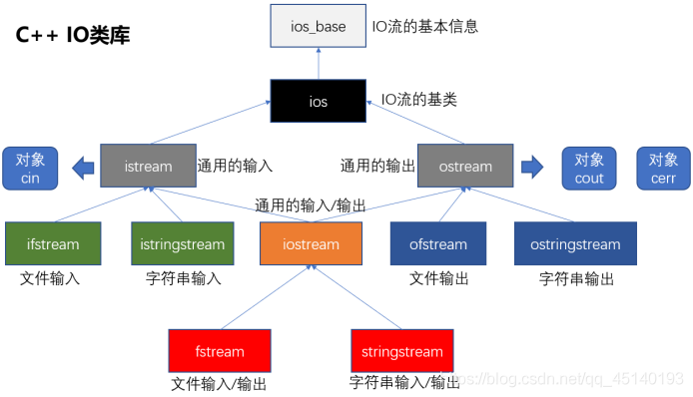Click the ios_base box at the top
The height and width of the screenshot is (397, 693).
pos(318,27)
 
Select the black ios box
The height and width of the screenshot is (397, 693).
pos(319,102)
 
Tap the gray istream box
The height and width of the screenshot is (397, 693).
pos(148,166)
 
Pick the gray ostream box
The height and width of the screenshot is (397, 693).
pos(464,166)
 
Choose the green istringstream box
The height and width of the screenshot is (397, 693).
pos(183,243)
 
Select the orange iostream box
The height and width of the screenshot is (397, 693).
pos(311,244)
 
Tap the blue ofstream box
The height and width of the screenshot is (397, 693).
pos(437,243)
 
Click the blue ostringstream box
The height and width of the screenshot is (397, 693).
pos(574,243)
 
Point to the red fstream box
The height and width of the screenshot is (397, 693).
pos(220,351)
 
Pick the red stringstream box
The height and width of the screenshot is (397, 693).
pos(401,351)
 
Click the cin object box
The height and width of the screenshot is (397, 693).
pos(30,168)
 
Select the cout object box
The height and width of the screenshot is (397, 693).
pos(590,168)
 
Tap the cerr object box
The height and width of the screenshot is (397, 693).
pos(663,168)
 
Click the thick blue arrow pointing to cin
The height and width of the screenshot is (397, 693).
pos(84,167)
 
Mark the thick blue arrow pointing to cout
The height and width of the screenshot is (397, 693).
pos(534,166)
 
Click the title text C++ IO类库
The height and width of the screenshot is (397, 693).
pos(72,36)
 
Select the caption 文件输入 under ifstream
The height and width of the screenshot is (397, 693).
pos(50,278)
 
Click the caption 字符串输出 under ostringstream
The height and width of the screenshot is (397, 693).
pos(576,278)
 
